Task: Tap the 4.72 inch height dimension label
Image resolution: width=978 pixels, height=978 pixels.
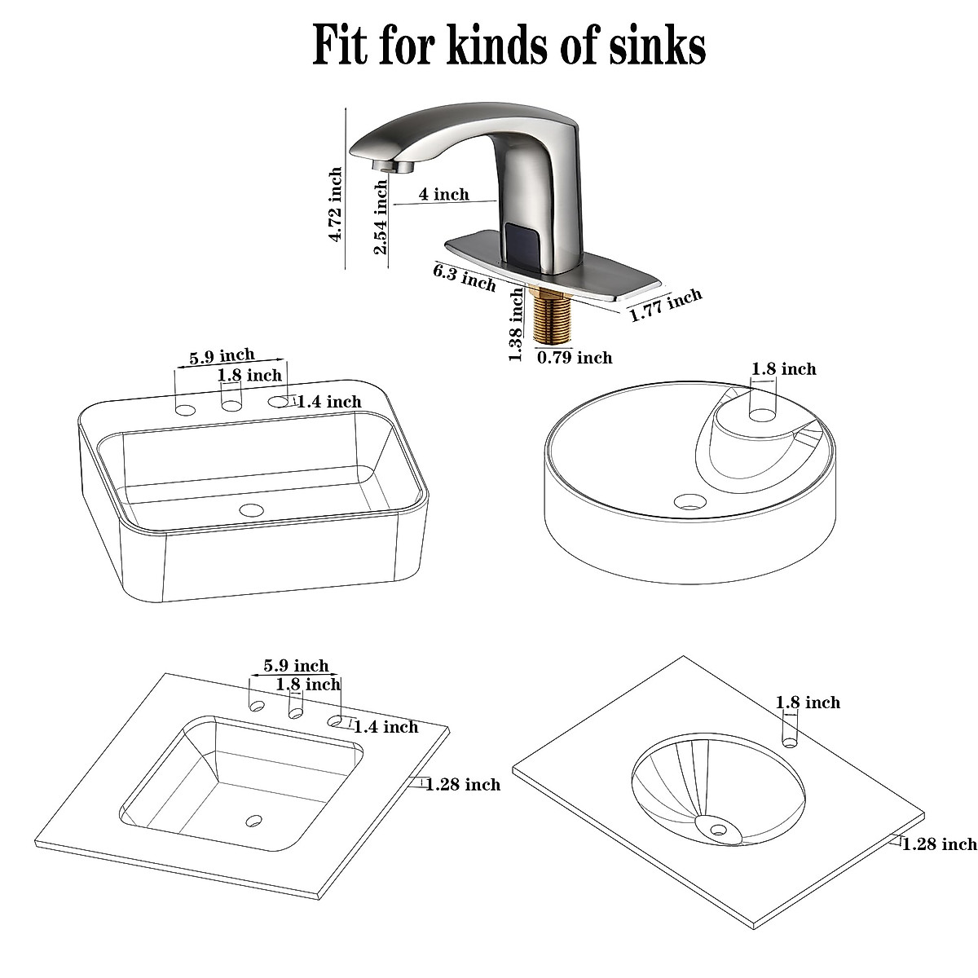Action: coord(335,205)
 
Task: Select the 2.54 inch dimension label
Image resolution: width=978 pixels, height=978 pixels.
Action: coord(381,217)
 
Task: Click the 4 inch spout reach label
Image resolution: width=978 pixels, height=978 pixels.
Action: coord(443,194)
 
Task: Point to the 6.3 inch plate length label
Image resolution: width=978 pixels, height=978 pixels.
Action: coord(465,278)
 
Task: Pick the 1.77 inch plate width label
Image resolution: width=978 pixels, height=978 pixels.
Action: coord(665,306)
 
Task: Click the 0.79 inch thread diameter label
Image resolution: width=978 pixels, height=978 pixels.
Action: coord(574,357)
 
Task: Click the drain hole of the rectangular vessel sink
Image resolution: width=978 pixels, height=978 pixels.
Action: coord(252,511)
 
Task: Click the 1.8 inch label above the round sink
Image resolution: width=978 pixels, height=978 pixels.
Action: coord(783,369)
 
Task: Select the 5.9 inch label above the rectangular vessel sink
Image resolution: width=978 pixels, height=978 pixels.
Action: coord(222,356)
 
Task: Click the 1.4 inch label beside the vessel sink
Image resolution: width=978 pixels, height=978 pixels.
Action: coord(328,401)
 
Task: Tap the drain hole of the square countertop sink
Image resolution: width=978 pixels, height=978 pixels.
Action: coord(255,819)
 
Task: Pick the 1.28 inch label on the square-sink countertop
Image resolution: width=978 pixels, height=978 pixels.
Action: coord(463,784)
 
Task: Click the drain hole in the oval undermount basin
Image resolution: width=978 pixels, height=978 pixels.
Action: coord(718,830)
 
